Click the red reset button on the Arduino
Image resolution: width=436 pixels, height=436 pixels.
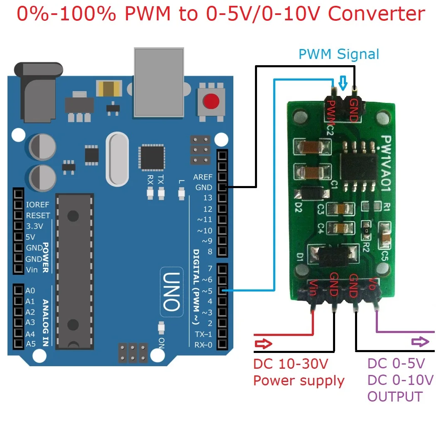coord(212,100)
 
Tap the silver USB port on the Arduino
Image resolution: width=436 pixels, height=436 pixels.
coord(159,81)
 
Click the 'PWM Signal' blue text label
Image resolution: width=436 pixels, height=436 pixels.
coord(339,54)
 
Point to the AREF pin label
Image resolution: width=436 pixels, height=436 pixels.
coord(203,177)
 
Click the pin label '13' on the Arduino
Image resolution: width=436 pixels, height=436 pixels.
coord(208,198)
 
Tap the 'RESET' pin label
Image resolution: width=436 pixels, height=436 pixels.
coord(38,216)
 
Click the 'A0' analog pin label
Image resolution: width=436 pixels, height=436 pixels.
coord(30,291)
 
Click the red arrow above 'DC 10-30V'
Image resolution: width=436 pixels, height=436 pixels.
coord(263,344)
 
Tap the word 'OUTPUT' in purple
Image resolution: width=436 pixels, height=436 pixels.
coord(395,397)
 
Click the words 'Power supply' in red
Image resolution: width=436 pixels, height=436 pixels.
coord(299,380)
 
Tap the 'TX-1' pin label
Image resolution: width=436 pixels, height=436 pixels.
coord(203,334)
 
